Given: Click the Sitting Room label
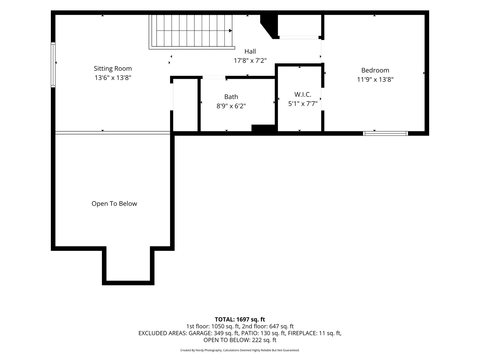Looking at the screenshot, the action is (113, 69).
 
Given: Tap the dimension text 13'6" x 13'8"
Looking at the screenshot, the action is (113, 78).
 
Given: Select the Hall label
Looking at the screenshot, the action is (250, 51).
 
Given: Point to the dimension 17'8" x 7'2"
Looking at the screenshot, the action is (250, 61).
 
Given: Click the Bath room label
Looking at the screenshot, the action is (231, 97).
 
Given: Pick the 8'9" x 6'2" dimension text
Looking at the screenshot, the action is (231, 106).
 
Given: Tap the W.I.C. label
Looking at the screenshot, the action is (303, 94).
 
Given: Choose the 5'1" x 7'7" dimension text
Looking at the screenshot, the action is (303, 104).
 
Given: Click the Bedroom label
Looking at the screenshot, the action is (375, 70).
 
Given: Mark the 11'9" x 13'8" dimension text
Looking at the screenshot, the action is (375, 80).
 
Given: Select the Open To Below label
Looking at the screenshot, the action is (114, 204).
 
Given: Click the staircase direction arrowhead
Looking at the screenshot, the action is (231, 31).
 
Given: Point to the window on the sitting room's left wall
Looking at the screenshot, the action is (53, 65).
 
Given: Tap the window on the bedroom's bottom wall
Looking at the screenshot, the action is (386, 133).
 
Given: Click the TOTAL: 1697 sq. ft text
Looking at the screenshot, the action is (240, 320).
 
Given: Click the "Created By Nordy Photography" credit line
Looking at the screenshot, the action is (201, 350).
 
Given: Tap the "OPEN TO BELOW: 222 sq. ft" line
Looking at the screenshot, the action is (240, 340).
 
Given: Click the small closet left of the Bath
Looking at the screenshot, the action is (185, 105).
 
